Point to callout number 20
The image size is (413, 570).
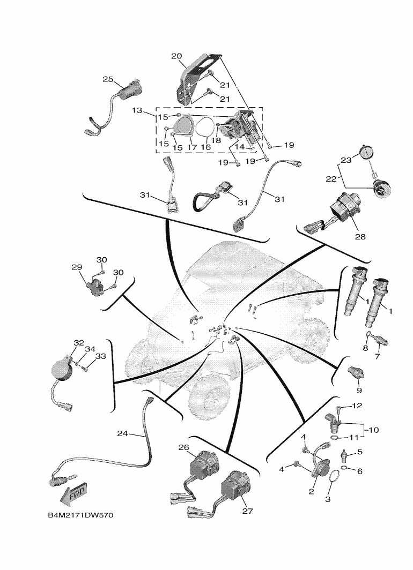176,55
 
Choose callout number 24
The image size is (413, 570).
122,433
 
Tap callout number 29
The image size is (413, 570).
76,266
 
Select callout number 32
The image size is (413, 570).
78,342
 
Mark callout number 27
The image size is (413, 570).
247,511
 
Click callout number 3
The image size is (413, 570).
328,498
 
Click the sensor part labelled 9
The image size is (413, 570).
355,371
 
